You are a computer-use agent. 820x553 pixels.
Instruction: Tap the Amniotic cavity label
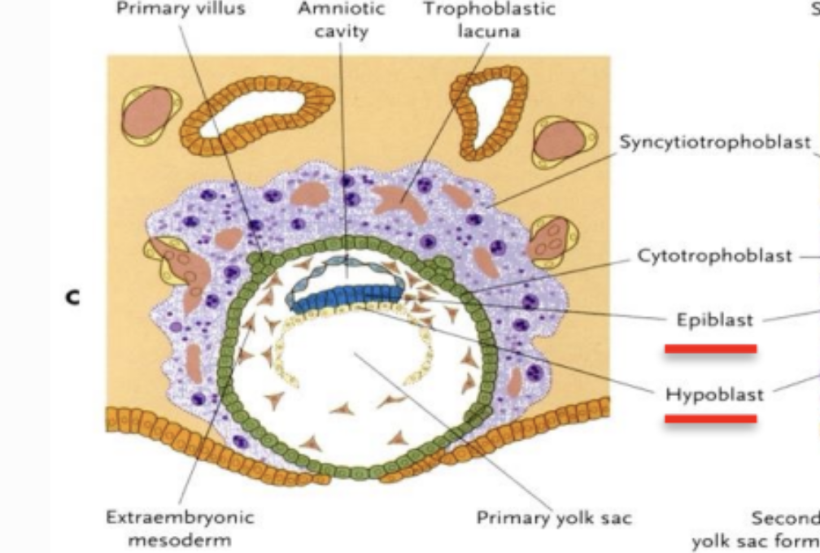point(342,20)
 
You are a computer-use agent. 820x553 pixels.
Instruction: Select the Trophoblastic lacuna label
point(490,20)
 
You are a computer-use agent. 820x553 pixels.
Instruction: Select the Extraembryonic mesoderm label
point(180,528)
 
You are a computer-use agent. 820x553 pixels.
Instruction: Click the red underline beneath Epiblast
point(710,349)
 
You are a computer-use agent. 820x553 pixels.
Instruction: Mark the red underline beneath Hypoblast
point(710,419)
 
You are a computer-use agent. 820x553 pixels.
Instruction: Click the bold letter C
point(74,298)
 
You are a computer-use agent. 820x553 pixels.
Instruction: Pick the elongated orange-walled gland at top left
point(255,110)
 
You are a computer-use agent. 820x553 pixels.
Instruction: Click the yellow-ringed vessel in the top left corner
point(149,112)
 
